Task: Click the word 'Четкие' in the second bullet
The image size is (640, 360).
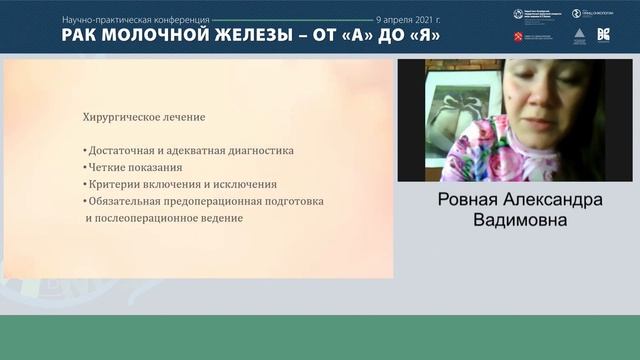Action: [x=107, y=168]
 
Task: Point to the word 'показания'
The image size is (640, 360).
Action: [x=161, y=168]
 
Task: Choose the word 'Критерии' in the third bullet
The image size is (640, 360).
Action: [x=113, y=184]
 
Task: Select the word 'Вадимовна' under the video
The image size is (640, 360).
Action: [x=522, y=218]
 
